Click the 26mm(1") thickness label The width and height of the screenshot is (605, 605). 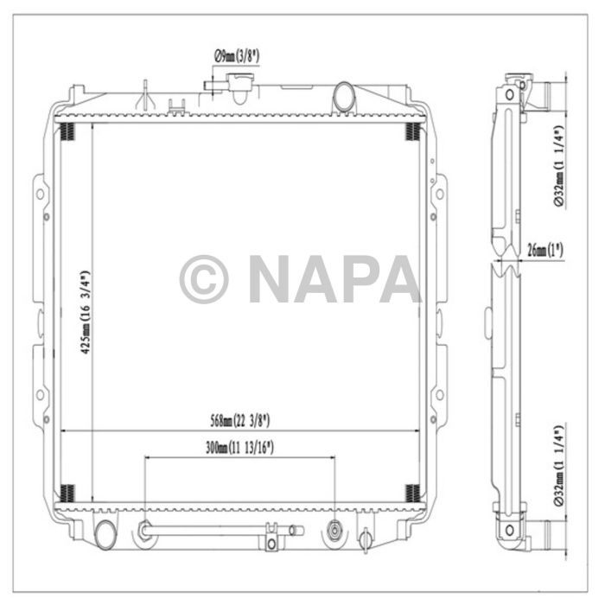click(x=544, y=251)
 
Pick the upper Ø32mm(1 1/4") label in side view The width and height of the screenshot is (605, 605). click(x=560, y=164)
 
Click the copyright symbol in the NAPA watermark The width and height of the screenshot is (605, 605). click(x=204, y=278)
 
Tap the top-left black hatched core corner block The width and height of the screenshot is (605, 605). click(x=68, y=131)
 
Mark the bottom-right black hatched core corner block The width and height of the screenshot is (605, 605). click(x=414, y=494)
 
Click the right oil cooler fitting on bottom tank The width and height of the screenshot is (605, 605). click(x=334, y=528)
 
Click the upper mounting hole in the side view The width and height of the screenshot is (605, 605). click(x=510, y=92)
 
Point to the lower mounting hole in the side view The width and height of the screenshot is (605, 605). click(x=510, y=529)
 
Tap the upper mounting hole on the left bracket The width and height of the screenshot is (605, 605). click(x=38, y=194)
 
